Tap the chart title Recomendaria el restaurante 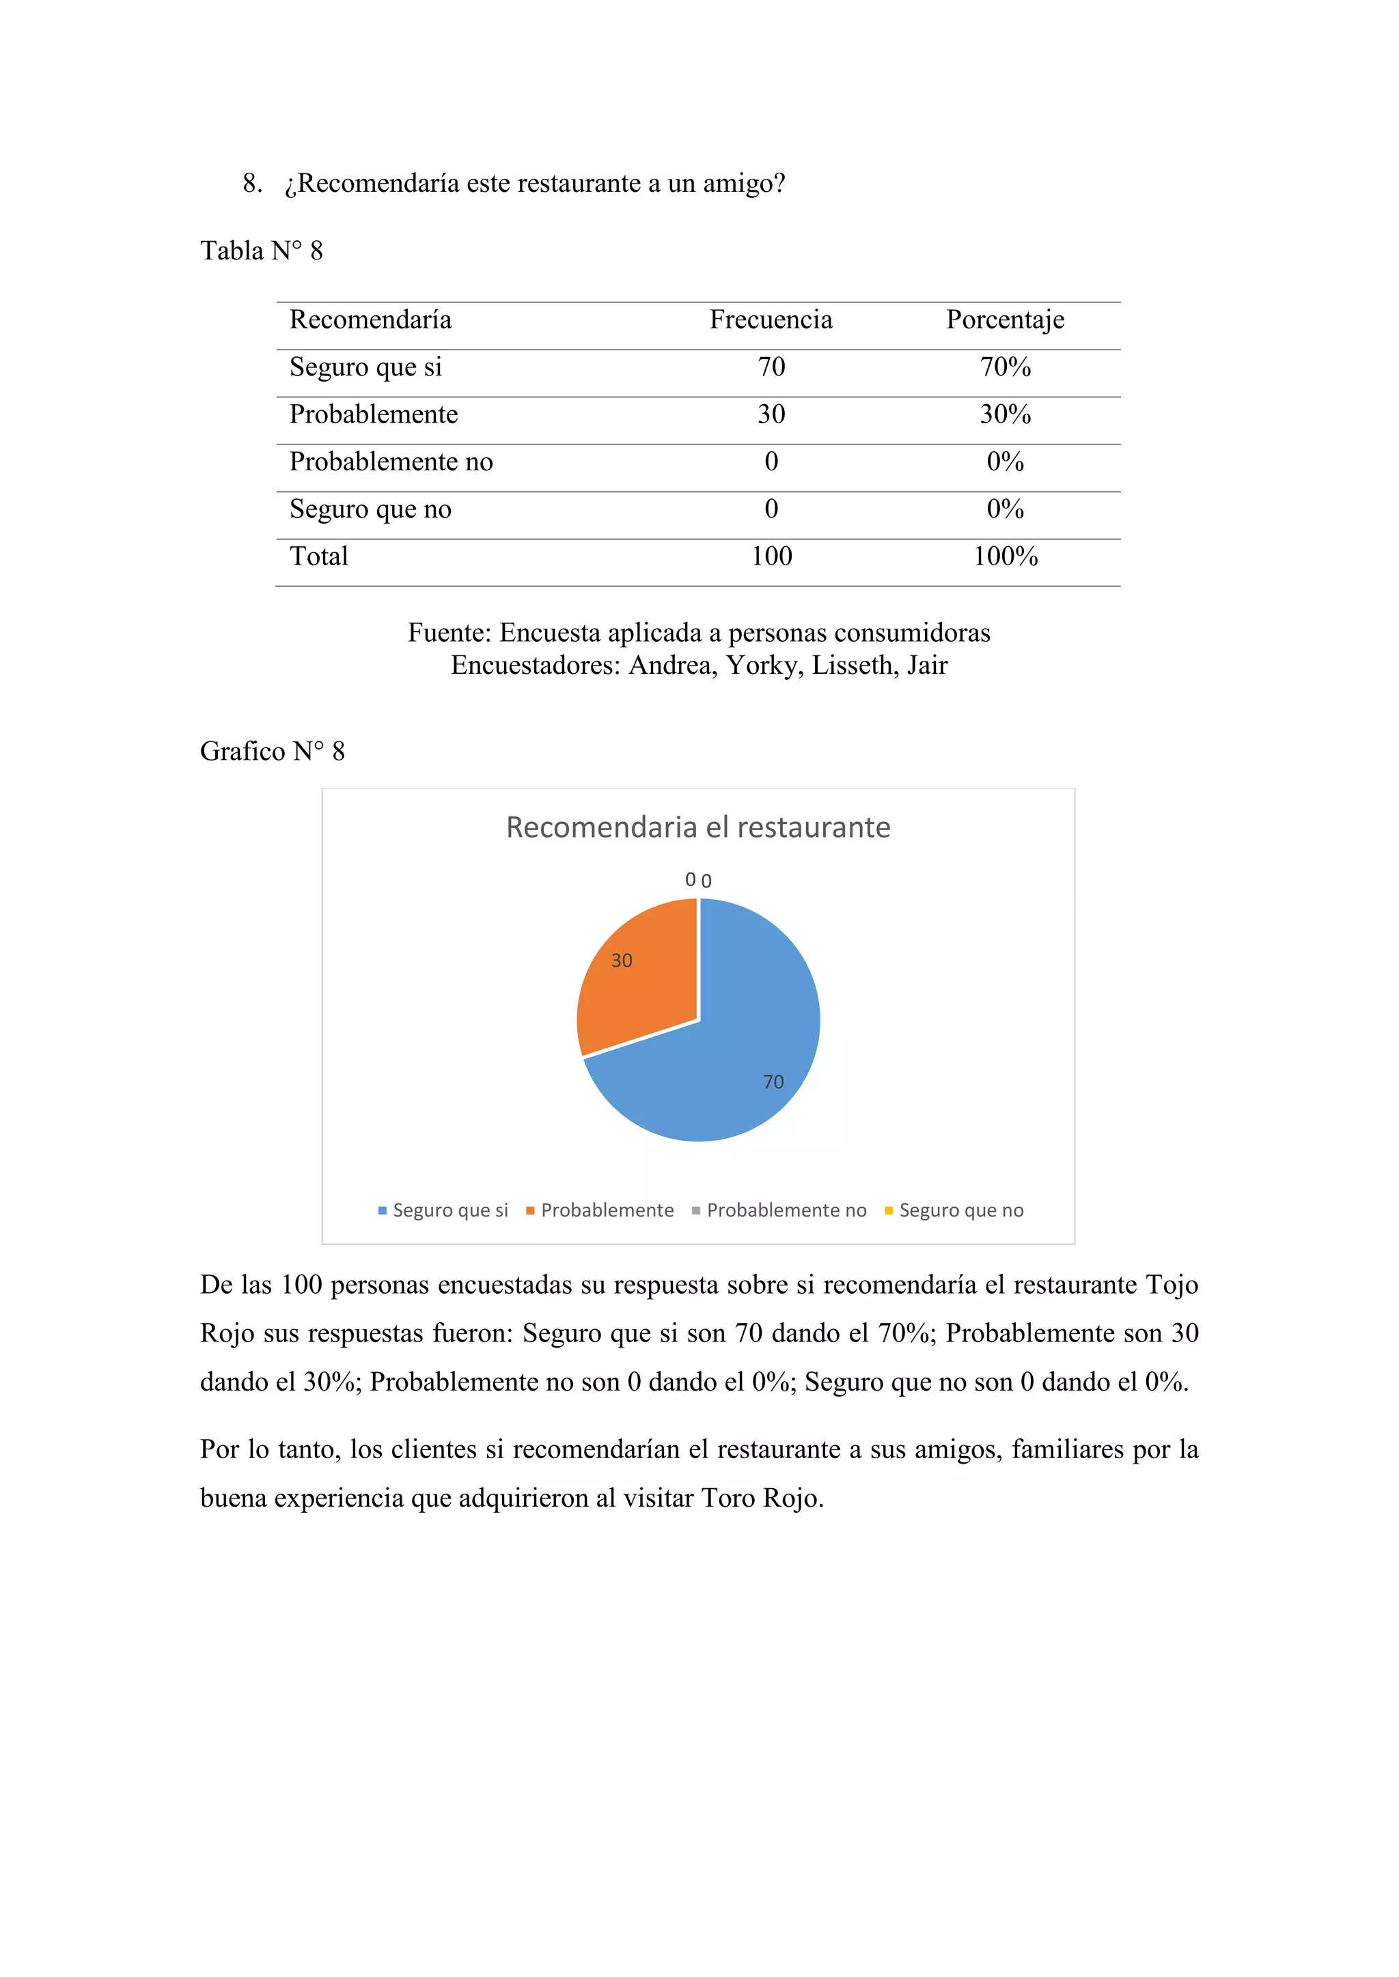point(697,827)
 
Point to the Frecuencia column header point(771,320)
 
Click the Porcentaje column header point(1006,320)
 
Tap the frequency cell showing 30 point(771,415)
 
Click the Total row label point(319,557)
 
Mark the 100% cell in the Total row point(1006,557)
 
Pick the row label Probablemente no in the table point(391,462)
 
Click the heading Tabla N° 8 point(262,251)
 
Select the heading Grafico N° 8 point(273,752)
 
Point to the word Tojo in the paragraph point(1172,1285)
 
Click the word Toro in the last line point(728,1498)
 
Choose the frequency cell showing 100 point(771,557)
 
